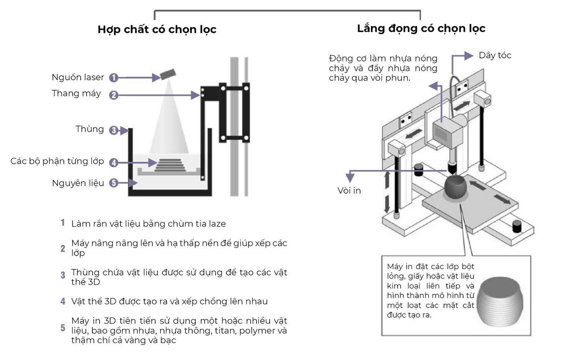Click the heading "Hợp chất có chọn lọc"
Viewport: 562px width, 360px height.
tap(157, 30)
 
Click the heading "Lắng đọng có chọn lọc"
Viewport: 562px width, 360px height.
tap(421, 29)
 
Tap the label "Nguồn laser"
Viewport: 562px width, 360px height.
tap(78, 77)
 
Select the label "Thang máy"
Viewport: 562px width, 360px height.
tap(76, 93)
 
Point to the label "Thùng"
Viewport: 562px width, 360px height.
tap(90, 129)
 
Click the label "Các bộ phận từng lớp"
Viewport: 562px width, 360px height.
tap(57, 161)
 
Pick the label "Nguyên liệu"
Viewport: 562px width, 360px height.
tap(78, 183)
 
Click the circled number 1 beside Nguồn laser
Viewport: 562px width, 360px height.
tap(114, 78)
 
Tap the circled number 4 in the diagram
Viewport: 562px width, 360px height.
tap(114, 163)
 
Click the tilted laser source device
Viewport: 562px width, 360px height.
tap(168, 74)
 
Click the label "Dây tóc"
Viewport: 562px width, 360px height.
tap(495, 55)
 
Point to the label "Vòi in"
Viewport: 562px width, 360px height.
tap(349, 191)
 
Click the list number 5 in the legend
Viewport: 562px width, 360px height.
tap(63, 328)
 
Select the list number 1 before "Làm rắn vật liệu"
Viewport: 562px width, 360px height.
tap(63, 223)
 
